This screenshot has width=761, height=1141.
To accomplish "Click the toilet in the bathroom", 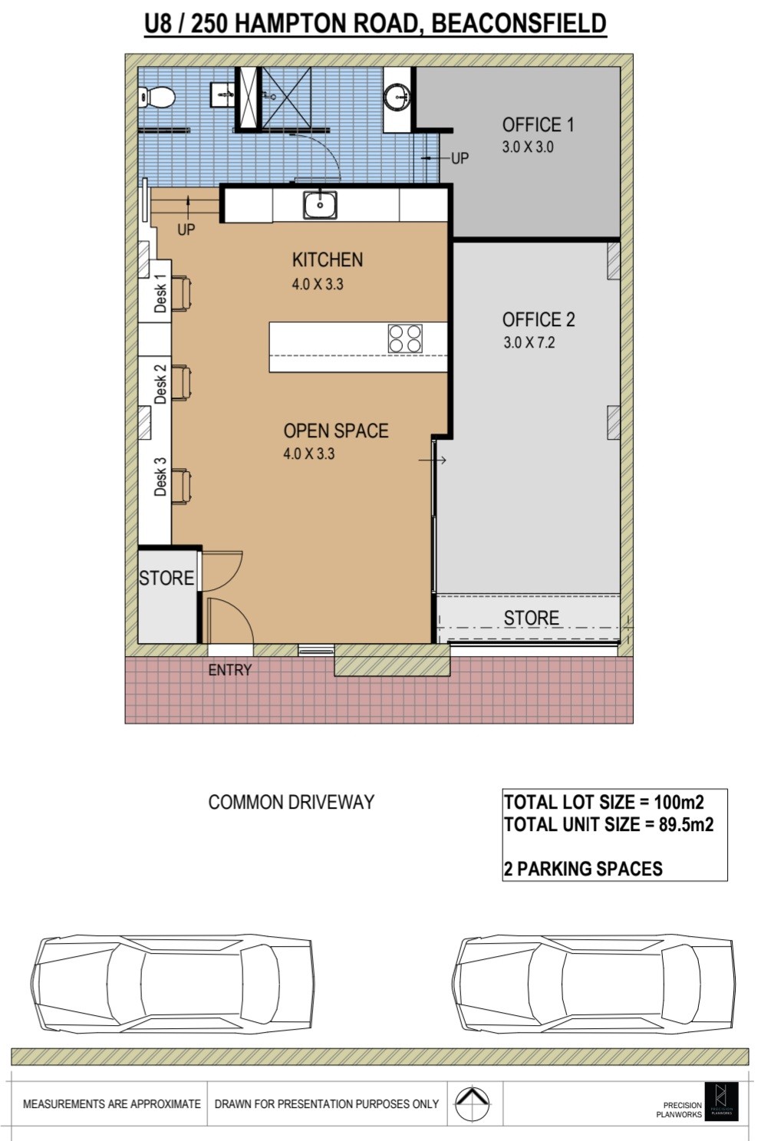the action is [x=156, y=97].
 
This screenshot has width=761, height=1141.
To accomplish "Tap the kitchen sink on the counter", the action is [x=320, y=205].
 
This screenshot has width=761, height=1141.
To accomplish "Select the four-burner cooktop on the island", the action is [x=405, y=338].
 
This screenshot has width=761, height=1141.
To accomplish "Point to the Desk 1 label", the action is [x=160, y=293].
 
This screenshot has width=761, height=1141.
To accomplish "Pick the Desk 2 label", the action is [x=160, y=384].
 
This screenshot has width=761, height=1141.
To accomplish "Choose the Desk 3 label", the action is [x=160, y=477].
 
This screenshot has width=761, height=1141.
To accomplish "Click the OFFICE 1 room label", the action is [x=538, y=125].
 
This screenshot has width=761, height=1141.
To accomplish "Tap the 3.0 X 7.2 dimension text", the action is [x=529, y=342].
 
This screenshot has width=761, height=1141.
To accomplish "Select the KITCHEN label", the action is [x=328, y=260].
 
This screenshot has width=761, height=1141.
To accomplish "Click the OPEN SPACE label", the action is [x=336, y=431].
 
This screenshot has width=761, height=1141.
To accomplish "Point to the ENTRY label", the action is [x=230, y=670].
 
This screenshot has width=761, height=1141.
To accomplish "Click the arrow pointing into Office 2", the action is [x=433, y=460].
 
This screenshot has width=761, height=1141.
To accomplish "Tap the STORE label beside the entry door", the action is [x=166, y=578].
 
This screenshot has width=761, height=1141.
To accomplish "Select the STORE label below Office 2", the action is [x=532, y=618].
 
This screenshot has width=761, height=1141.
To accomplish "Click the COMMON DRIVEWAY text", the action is [x=292, y=803].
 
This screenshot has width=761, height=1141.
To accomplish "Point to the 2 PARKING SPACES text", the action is [x=583, y=869].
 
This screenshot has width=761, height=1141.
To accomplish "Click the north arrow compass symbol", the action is [x=473, y=1104].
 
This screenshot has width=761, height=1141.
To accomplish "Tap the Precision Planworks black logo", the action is [x=721, y=1102].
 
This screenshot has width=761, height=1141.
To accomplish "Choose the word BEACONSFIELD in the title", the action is [x=519, y=23].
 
